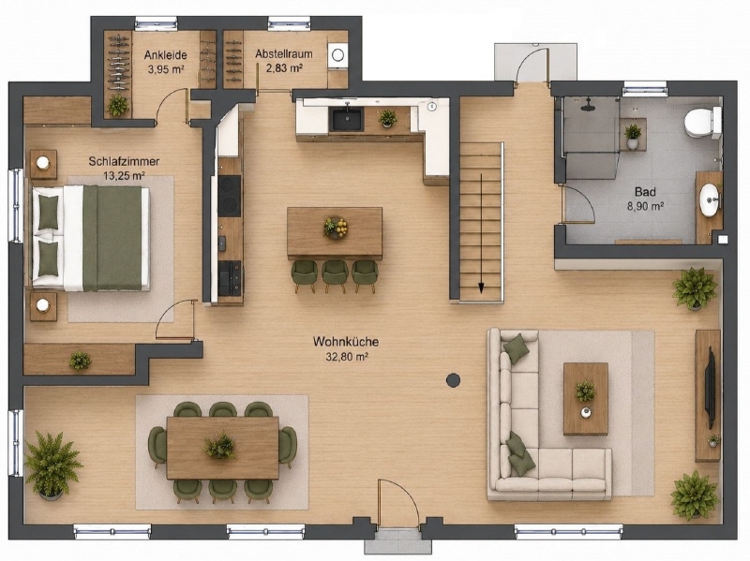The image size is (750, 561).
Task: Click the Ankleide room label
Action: pos(166,55)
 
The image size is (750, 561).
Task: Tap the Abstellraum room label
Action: pos(284,53)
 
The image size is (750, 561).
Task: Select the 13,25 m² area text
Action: pos(125,175)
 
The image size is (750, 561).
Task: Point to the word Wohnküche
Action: pos(346,342)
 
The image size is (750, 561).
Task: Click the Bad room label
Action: pos(645,192)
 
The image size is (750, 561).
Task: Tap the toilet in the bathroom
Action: pos(702,123)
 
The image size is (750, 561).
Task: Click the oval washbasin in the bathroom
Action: pos(710,200)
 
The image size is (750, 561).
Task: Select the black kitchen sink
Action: pos(345,118)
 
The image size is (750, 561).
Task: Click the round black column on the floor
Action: pos(453,380)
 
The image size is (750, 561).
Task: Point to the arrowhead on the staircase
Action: pos(481,287)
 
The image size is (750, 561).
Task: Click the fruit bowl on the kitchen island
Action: pos(336,228)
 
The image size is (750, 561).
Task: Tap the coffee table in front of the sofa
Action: pos(585,399)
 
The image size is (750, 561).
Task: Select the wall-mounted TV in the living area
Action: pos(711,389)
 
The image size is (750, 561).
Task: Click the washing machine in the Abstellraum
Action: pos(337,55)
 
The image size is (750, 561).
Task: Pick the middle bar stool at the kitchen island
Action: pos(335,274)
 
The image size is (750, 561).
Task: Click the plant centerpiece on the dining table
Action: pos(220,446)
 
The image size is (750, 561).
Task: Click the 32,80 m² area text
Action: pos(347,357)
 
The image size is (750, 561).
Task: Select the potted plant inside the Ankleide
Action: pos(117,106)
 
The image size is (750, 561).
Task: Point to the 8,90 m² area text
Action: pos(645,206)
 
